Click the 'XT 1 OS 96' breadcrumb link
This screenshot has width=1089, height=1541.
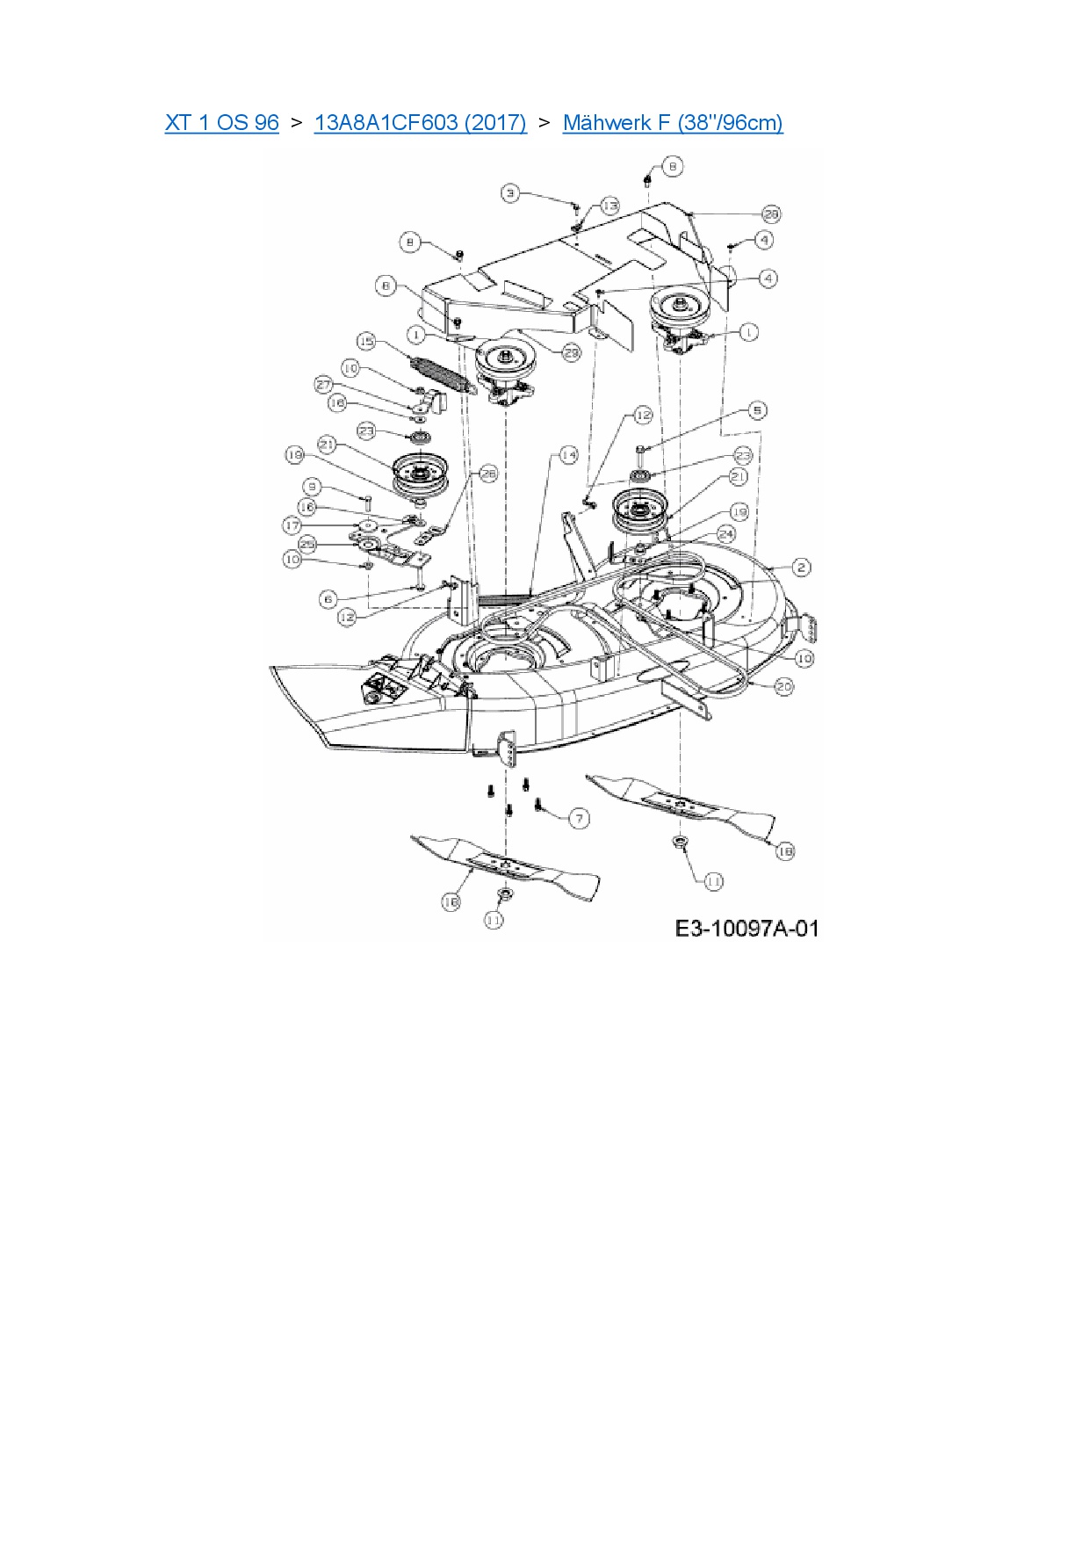click(221, 123)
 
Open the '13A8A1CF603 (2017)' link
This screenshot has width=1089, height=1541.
click(420, 123)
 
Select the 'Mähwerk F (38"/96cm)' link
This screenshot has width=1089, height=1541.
click(672, 123)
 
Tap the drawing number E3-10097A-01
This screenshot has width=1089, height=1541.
click(746, 929)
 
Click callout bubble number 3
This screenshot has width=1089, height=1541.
click(511, 193)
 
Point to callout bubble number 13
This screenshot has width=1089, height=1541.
click(609, 206)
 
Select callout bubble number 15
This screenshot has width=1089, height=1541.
click(366, 341)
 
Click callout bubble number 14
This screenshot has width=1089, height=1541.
click(568, 455)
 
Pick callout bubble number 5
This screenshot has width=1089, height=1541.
click(757, 410)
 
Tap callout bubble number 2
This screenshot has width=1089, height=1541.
click(801, 568)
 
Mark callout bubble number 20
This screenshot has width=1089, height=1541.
click(783, 686)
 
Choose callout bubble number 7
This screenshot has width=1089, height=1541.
click(579, 819)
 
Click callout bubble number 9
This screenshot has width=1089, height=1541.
click(311, 487)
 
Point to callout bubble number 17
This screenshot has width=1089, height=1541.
click(292, 525)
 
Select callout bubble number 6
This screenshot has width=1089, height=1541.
click(328, 599)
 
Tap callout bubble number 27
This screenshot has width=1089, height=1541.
click(324, 385)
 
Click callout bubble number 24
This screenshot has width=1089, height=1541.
click(725, 533)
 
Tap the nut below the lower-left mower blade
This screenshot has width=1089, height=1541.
click(504, 893)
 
